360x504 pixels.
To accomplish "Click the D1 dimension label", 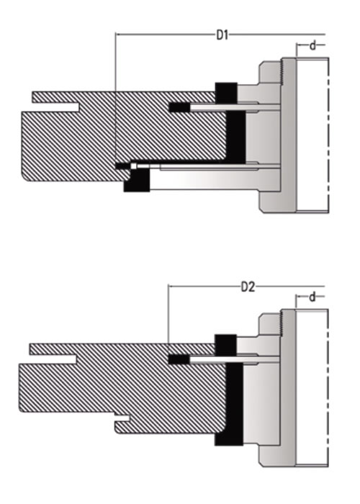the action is [222, 35].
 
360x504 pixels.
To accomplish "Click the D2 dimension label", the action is [248, 287].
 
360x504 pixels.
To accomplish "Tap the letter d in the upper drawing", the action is [312, 45].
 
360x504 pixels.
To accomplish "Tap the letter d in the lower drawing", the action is [312, 297].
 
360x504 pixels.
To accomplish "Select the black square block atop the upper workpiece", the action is [226, 93].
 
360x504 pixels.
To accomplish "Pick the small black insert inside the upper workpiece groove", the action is [179, 107].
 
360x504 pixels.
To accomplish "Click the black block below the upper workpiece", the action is [137, 180].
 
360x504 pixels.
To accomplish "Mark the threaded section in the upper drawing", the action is [282, 72].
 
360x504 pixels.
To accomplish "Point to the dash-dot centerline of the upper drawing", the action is [328, 135].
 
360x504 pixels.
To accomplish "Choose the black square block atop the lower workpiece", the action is [225, 345].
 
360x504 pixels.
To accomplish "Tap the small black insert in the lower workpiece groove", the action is [179, 359].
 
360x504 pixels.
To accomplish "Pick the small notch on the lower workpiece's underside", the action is [122, 418].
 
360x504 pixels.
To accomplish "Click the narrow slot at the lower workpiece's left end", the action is [53, 359].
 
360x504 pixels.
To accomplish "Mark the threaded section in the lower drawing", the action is [282, 324].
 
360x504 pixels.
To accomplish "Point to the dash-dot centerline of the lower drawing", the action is [328, 387].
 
